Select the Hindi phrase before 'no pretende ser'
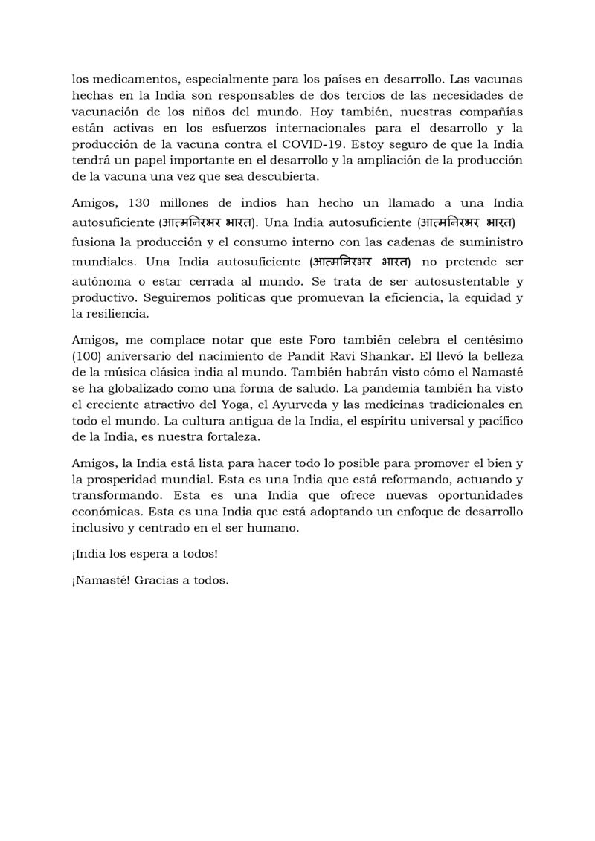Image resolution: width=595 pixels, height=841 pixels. pos(364,262)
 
